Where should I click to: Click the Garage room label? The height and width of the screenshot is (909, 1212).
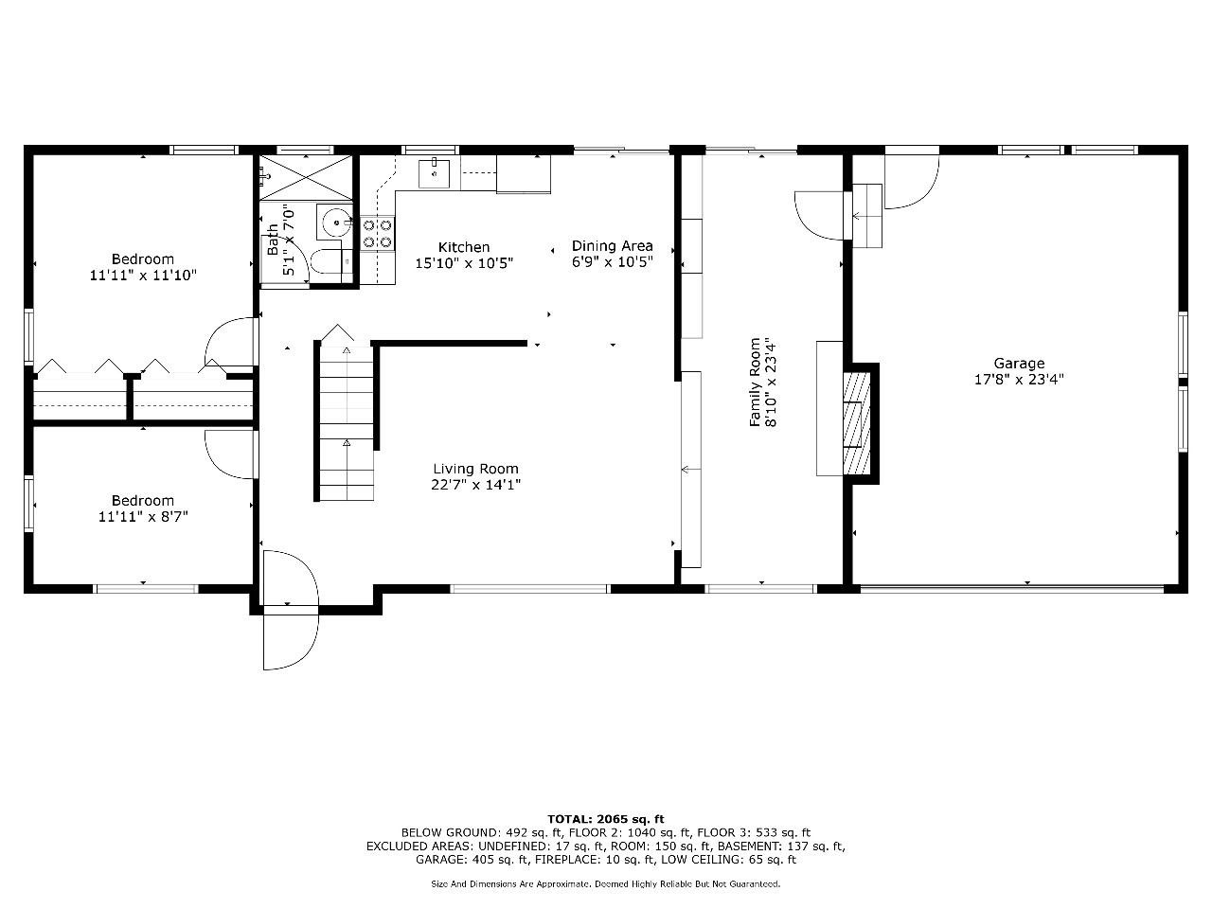click(x=1019, y=364)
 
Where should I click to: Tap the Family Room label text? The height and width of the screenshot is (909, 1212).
click(x=755, y=382)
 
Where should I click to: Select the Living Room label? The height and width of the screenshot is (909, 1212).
click(x=475, y=469)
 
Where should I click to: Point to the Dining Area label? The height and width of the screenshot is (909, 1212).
click(x=612, y=245)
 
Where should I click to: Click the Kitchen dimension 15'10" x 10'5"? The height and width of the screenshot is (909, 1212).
click(x=464, y=263)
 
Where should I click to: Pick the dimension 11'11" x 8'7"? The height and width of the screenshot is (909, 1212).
click(x=143, y=517)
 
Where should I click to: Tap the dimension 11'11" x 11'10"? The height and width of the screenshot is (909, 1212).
click(x=143, y=275)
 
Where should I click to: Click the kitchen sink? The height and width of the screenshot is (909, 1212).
click(x=434, y=173)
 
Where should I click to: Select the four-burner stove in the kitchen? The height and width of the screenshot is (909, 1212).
click(x=377, y=233)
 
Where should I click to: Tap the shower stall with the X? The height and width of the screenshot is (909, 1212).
click(x=306, y=177)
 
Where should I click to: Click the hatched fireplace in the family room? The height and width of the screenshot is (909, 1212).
click(x=856, y=423)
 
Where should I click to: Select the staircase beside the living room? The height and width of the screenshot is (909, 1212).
click(x=347, y=422)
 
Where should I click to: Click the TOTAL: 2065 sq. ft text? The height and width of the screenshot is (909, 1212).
click(x=606, y=819)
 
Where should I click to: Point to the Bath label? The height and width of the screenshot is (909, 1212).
click(x=273, y=240)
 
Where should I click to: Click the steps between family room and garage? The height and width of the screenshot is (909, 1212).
click(x=867, y=215)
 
